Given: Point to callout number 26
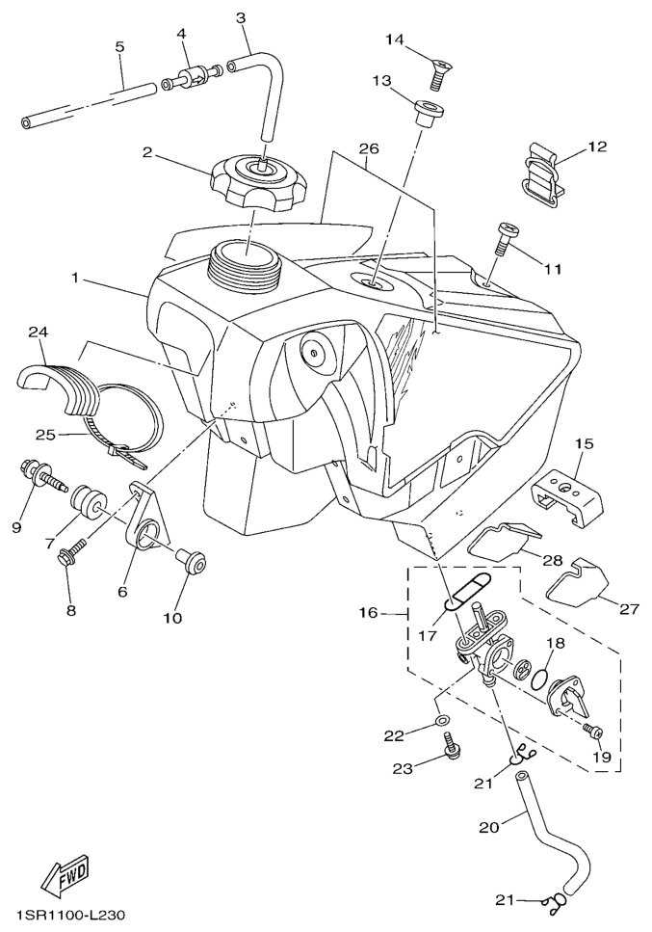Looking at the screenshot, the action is click(x=368, y=148).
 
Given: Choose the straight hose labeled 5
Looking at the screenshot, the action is click(x=89, y=107).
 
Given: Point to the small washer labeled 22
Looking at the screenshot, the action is click(x=441, y=720).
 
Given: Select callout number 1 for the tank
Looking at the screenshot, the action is click(x=76, y=277).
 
